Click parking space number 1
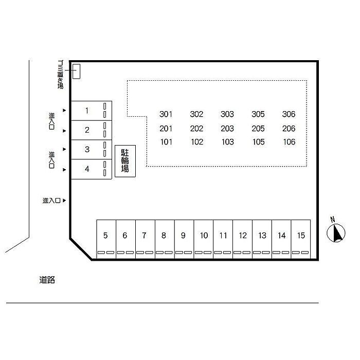point(92,111)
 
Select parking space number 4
point(92,169)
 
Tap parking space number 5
point(106,239)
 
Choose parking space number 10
point(204,239)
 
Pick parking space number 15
point(301,239)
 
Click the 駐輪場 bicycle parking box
point(125,161)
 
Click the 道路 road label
point(47,280)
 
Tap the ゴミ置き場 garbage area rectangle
point(76,71)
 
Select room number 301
point(166,114)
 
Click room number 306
point(289,114)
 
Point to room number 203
point(227,129)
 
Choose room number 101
point(166,142)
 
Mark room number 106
point(289,142)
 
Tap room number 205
point(258,129)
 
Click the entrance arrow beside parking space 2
point(64,131)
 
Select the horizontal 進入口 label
point(51,201)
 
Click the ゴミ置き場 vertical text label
point(60,75)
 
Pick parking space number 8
point(165,239)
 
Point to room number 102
point(197,142)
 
